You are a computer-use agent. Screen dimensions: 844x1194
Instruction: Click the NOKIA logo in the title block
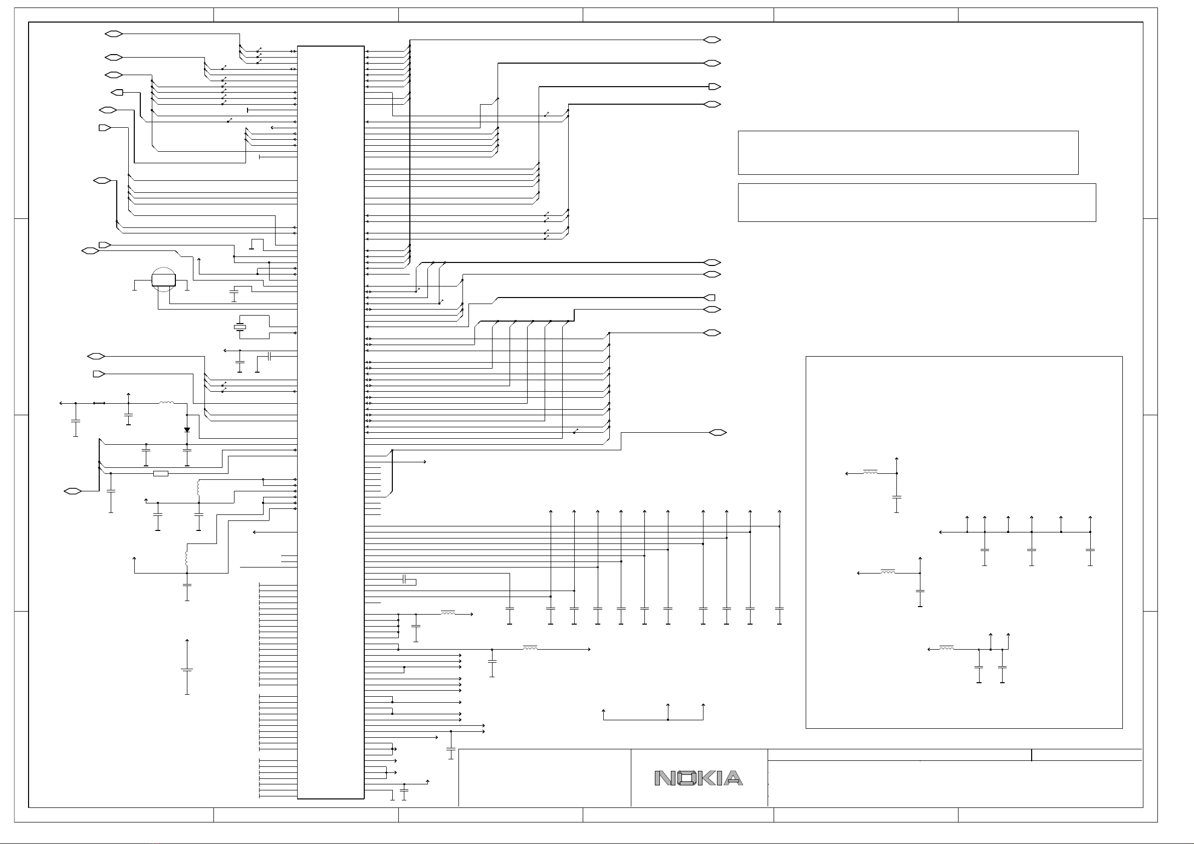click(x=698, y=778)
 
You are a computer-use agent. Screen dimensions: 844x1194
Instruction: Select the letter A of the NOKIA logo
click(x=733, y=778)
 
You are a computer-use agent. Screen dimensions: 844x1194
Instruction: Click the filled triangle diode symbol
click(x=187, y=430)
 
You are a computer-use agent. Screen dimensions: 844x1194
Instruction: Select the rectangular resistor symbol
click(x=161, y=473)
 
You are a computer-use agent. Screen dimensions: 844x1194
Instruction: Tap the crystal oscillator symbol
click(x=239, y=327)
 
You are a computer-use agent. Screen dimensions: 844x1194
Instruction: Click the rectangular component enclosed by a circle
click(x=163, y=280)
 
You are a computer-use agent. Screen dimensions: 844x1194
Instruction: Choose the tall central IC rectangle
click(x=330, y=421)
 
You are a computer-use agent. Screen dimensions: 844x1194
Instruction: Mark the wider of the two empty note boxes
click(x=917, y=202)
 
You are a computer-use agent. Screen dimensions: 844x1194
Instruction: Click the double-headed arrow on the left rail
click(x=99, y=403)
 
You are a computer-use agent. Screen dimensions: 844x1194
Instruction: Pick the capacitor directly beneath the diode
click(x=187, y=450)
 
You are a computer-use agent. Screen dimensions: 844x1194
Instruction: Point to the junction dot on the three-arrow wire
click(x=668, y=720)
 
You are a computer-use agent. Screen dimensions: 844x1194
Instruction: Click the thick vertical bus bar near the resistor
click(x=99, y=464)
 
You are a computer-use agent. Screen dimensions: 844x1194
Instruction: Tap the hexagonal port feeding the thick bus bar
click(x=73, y=491)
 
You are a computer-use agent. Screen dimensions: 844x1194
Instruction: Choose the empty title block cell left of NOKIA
click(x=545, y=777)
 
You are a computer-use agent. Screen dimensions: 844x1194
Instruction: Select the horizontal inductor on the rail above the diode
click(x=166, y=403)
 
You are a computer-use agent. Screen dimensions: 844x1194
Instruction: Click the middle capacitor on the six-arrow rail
click(x=1032, y=549)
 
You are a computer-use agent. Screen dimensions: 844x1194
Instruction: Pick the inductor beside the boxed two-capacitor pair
click(x=946, y=648)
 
